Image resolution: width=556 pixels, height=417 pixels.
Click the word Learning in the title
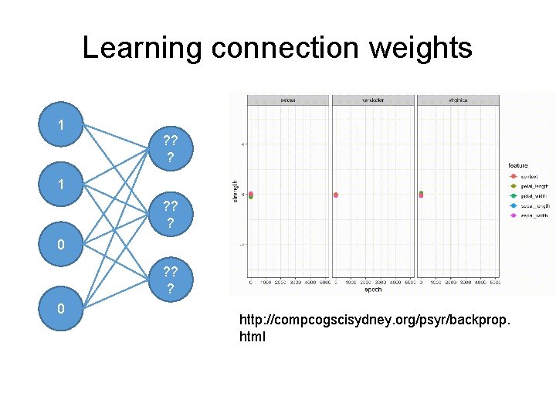click(x=141, y=48)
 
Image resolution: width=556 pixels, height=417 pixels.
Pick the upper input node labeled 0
click(x=61, y=246)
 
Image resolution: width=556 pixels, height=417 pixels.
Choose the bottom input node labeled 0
click(x=61, y=308)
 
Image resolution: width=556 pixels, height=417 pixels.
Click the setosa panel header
click(x=288, y=100)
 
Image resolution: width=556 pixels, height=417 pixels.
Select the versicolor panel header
click(x=373, y=100)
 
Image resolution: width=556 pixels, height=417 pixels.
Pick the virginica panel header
click(x=457, y=100)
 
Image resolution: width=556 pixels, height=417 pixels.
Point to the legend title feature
click(x=518, y=165)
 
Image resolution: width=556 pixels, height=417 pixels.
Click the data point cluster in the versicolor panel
click(x=336, y=195)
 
